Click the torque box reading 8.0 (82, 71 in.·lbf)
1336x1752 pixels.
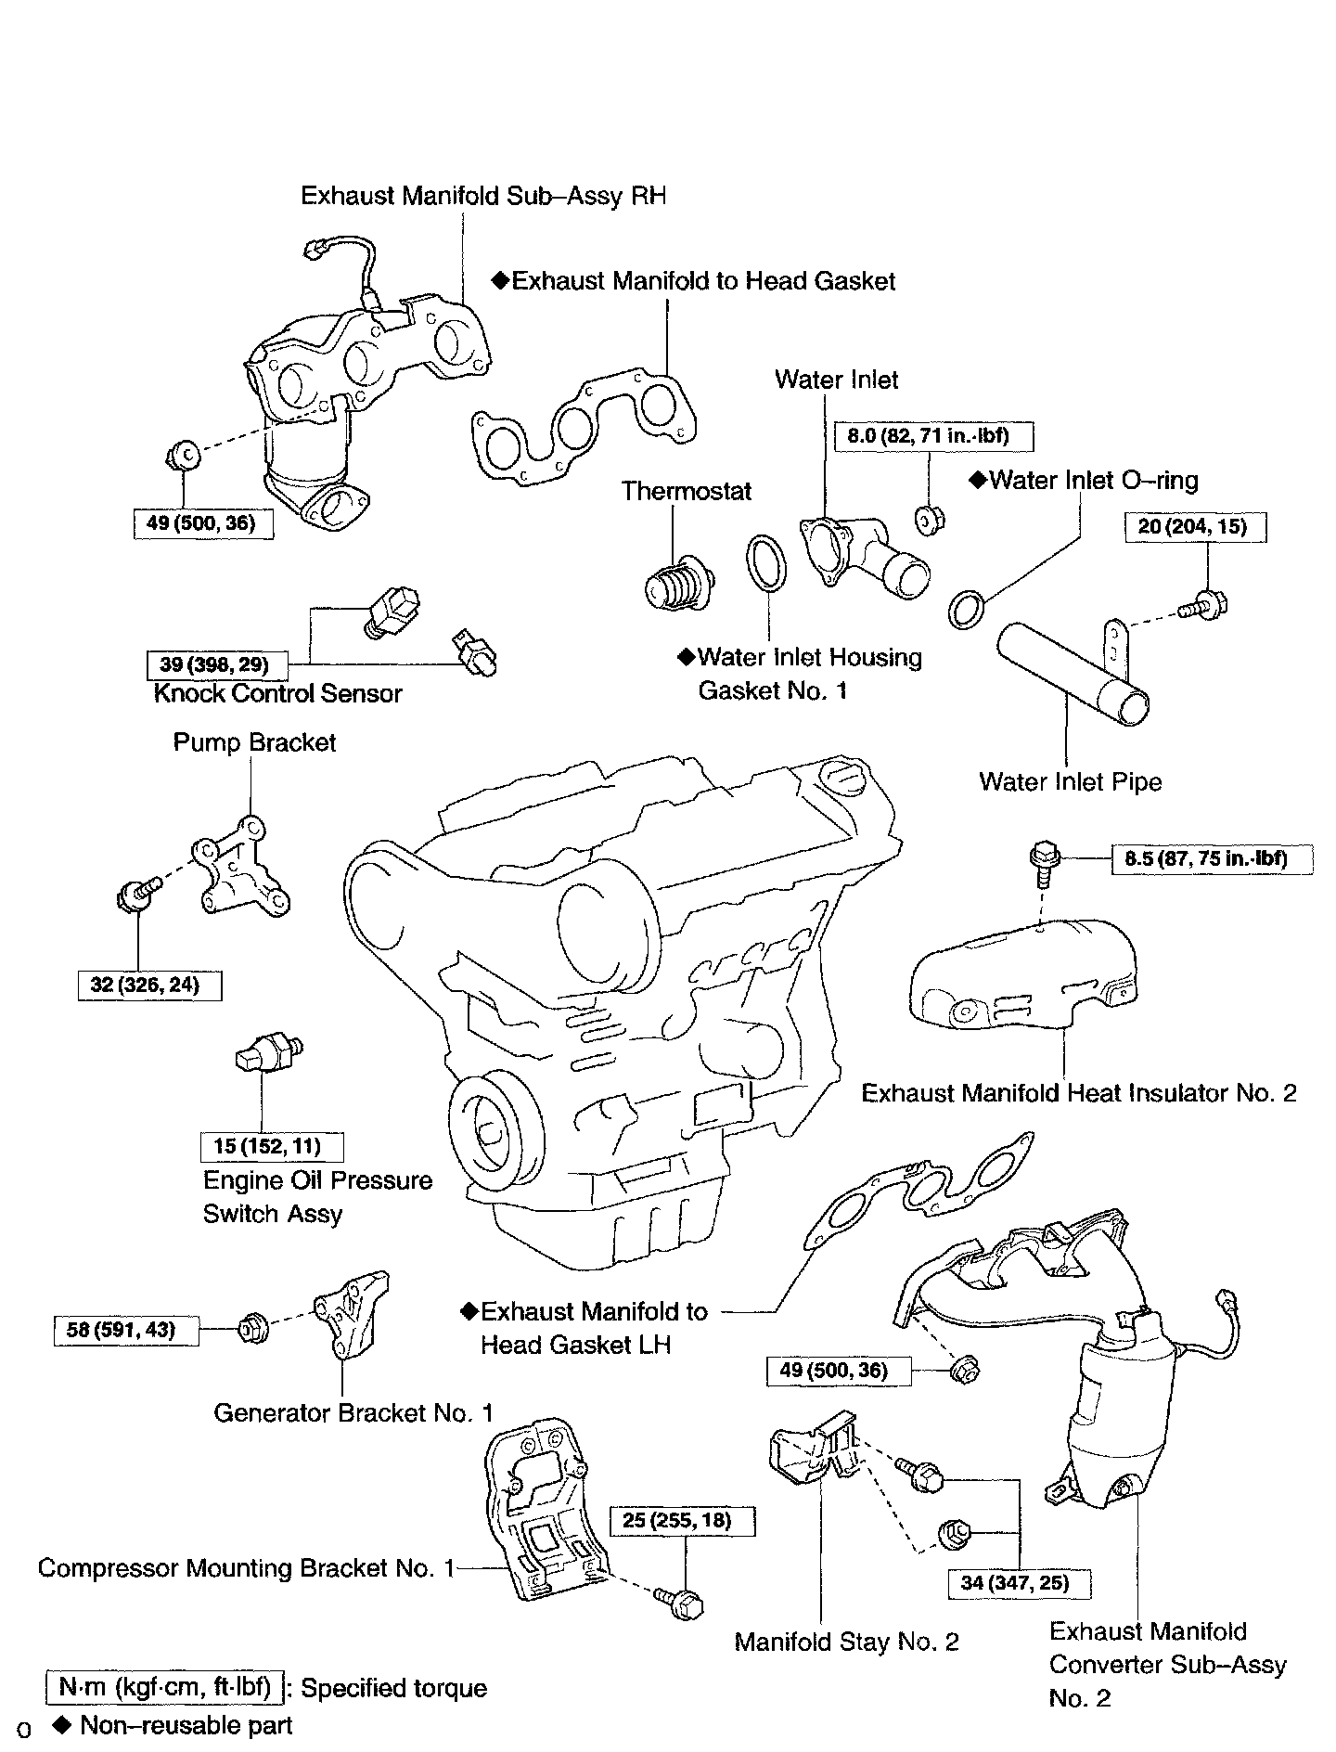pos(933,435)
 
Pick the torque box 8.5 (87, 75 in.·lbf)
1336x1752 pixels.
pos(1213,858)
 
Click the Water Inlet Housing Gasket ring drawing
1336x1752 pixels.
pos(767,561)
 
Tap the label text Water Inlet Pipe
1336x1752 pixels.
pos(1070,781)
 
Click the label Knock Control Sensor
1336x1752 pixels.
pos(277,693)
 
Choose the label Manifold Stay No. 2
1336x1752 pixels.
pos(846,1642)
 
